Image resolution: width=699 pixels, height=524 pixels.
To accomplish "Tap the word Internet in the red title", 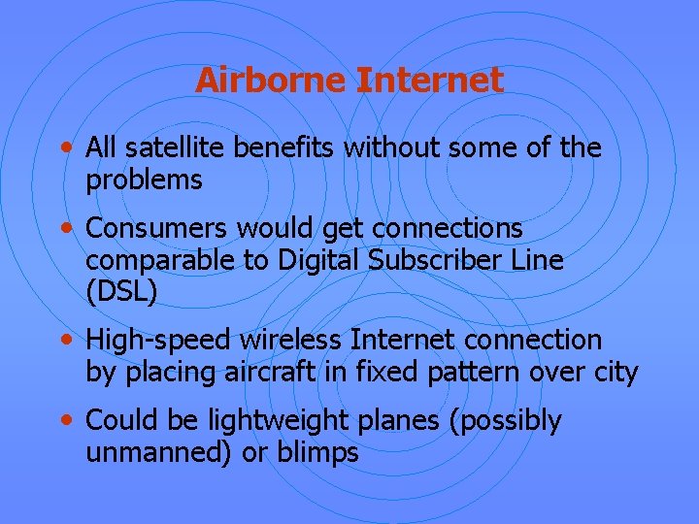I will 430,80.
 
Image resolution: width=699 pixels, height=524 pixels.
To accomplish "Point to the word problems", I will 144,180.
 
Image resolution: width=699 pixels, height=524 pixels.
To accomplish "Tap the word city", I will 617,373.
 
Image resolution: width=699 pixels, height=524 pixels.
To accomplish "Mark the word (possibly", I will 507,422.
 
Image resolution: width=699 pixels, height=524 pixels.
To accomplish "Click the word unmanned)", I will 150,453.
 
